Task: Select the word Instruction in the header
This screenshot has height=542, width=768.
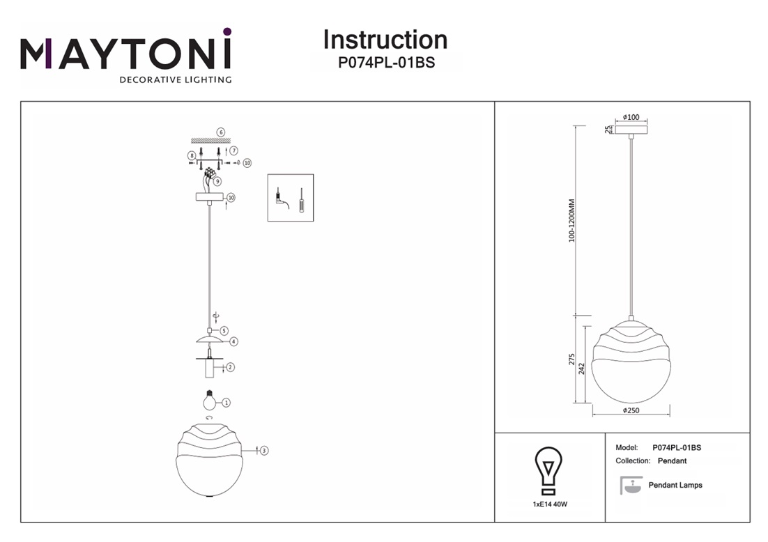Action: (x=385, y=40)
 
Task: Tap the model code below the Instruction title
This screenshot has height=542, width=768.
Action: (x=386, y=62)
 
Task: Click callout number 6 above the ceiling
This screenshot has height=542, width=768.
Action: (x=220, y=132)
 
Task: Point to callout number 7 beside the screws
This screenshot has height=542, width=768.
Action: (x=233, y=150)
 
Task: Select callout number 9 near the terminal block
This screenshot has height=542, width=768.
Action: (x=217, y=181)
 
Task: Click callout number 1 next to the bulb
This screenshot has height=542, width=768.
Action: (x=226, y=403)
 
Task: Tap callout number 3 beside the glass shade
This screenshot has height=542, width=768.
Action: (x=264, y=451)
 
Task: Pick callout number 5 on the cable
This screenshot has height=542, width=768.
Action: (x=224, y=330)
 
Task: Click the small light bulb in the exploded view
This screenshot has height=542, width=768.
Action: (x=207, y=401)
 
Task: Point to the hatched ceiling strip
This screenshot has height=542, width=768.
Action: (x=210, y=141)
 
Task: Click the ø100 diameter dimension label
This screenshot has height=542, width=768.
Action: (x=631, y=117)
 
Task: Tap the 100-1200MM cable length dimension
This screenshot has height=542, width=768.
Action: (x=572, y=221)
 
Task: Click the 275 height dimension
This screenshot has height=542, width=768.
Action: (x=572, y=359)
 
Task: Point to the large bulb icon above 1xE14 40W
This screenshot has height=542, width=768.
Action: (x=548, y=469)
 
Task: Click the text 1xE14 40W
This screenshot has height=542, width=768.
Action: (x=548, y=504)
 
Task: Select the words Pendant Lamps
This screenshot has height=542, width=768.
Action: (x=675, y=485)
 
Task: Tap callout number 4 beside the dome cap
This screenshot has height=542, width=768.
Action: (x=233, y=342)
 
